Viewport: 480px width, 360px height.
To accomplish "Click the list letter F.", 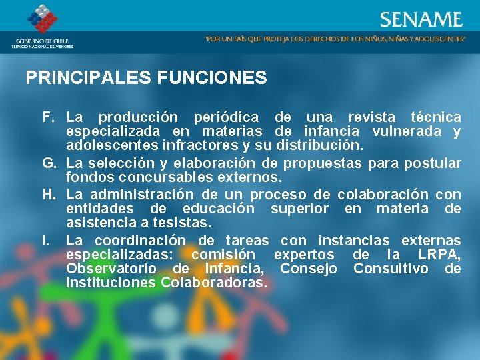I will (x=49, y=117).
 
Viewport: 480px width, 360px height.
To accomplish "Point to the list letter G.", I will (x=49, y=163).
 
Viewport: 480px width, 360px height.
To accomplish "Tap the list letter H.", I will (x=49, y=195).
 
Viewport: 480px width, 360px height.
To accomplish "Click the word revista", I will (x=371, y=117).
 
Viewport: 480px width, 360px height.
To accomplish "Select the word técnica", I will (x=436, y=117).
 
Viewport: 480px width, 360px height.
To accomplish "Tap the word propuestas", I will (x=323, y=163).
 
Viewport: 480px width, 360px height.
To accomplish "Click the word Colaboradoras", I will (x=213, y=283).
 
